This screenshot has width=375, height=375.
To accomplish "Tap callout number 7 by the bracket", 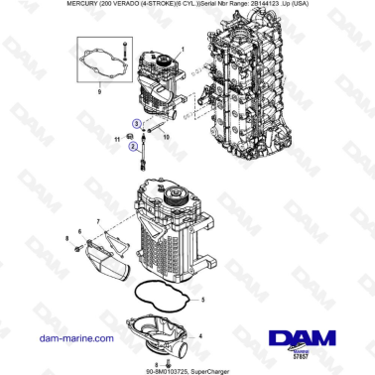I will pos(97,218).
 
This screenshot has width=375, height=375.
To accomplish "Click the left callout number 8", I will pos(66,239).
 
